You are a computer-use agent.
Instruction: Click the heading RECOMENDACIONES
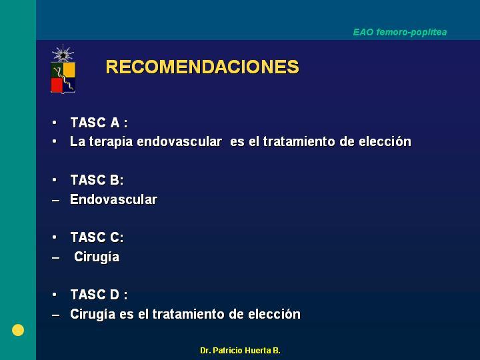tap(202, 67)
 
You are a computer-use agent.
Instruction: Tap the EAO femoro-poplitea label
tap(400, 32)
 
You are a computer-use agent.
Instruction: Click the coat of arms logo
tap(63, 69)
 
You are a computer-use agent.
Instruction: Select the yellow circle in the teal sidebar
tap(18, 330)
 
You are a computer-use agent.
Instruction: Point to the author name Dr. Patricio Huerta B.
tap(240, 351)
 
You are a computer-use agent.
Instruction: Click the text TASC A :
tap(99, 123)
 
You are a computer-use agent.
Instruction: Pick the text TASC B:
tap(97, 180)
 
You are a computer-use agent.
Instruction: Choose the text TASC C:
tap(97, 237)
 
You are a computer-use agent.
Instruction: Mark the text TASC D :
tap(99, 295)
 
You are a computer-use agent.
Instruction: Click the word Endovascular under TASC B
tap(113, 199)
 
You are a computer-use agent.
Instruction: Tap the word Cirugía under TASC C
tap(97, 257)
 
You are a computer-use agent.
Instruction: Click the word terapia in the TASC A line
tap(111, 142)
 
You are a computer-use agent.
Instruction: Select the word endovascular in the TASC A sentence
tap(179, 141)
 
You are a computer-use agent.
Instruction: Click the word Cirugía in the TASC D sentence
tap(93, 315)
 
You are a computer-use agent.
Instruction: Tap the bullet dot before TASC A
tap(55, 123)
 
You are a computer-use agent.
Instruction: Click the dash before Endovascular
tap(56, 201)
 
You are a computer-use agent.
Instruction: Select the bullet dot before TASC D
tap(55, 295)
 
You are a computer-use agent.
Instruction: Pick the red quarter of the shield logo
tap(57, 85)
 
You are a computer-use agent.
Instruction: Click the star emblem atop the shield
tap(63, 55)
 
